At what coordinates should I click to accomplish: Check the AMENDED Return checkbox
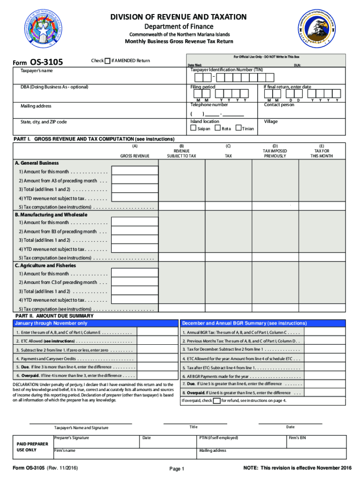coord(108,61)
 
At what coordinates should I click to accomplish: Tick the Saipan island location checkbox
coord(193,128)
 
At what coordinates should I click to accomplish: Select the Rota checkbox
coord(217,128)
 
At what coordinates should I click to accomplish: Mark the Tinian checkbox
coord(238,128)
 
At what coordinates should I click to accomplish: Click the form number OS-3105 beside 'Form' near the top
coord(46,62)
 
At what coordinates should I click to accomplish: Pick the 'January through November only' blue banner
coord(51,323)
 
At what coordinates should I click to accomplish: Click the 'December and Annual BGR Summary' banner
coord(244,323)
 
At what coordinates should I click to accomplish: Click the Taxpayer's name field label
coord(36,71)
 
